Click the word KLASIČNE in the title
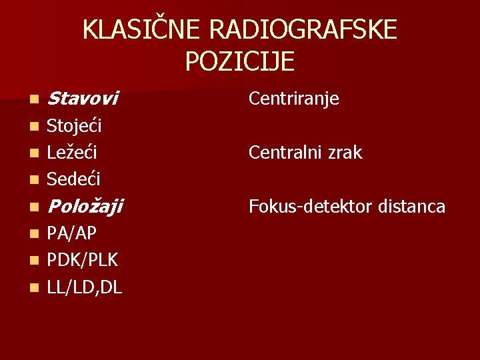click(142, 31)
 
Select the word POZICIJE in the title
click(240, 61)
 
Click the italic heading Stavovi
click(83, 99)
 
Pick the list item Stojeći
click(74, 126)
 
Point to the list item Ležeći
click(72, 153)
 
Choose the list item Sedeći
click(73, 179)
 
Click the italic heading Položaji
click(85, 207)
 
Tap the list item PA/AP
click(72, 233)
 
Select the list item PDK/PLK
click(83, 260)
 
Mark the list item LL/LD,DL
click(85, 287)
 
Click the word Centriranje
click(294, 99)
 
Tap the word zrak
click(345, 153)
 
